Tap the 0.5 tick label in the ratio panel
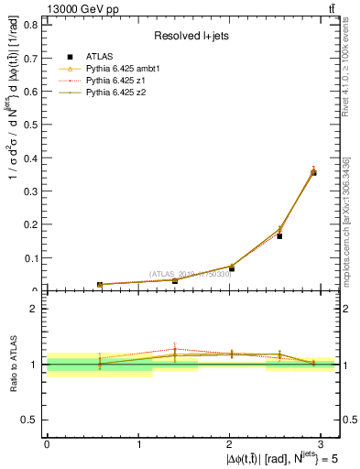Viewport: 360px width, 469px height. tap(33, 420)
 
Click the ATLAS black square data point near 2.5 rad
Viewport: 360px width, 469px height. tap(279, 236)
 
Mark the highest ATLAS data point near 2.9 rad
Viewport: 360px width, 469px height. tap(313, 172)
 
